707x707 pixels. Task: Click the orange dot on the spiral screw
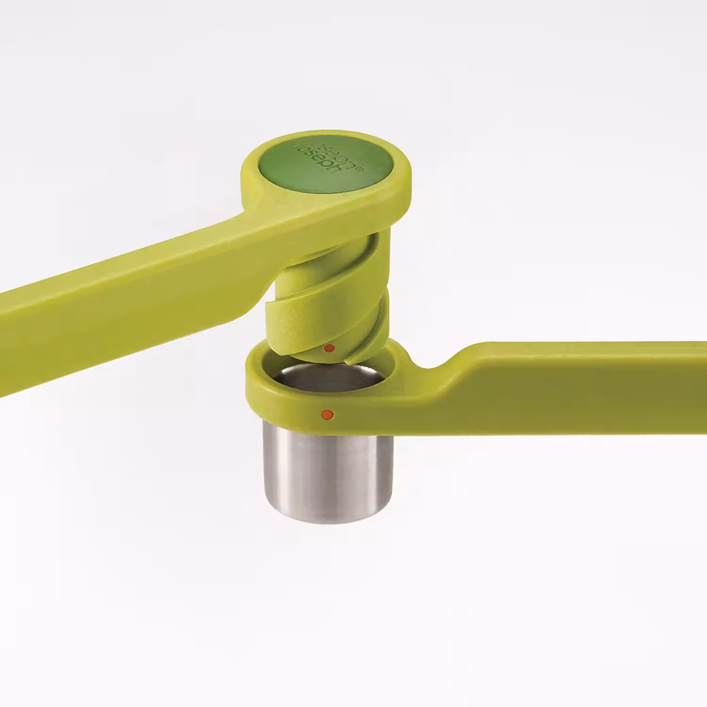330,348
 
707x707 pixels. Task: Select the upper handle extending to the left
118,302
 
